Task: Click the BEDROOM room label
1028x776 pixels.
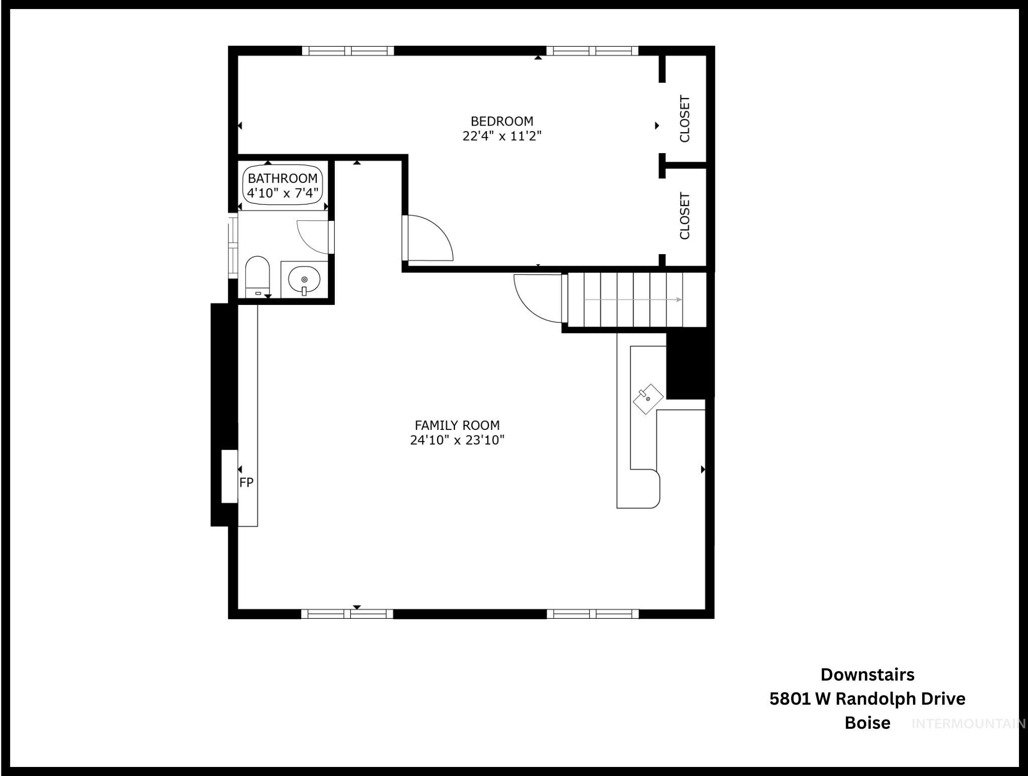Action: (501, 121)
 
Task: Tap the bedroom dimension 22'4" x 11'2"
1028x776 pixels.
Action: (501, 136)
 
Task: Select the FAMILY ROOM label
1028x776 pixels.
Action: (457, 425)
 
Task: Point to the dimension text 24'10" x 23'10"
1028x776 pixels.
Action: (457, 440)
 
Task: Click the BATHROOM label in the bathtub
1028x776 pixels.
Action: (283, 178)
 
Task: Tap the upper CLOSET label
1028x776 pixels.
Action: (685, 119)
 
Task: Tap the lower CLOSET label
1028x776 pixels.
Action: (685, 216)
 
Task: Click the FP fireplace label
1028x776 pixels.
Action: (246, 483)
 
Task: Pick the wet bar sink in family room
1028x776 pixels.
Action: (648, 399)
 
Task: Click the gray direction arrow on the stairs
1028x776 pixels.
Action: (632, 300)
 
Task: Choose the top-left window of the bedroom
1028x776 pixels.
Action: (348, 51)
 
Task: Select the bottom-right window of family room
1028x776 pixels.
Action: (592, 613)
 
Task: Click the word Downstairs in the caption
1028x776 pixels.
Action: (867, 675)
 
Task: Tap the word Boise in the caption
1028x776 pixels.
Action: (867, 723)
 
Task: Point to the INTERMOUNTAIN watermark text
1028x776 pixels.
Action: (968, 724)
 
